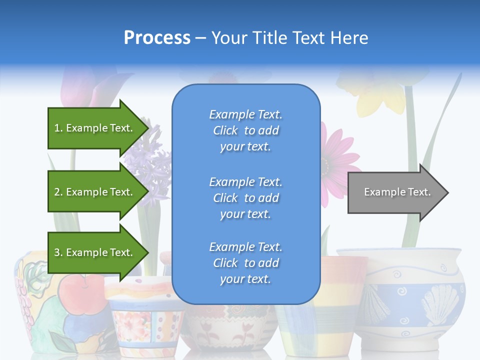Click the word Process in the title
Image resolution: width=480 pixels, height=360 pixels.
coord(157,37)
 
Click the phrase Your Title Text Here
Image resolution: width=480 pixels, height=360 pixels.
coord(289,37)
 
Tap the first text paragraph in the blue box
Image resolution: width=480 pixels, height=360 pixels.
coord(245,130)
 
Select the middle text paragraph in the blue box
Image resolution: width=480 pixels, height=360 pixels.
coord(245,198)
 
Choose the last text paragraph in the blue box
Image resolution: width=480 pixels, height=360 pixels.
coord(245,263)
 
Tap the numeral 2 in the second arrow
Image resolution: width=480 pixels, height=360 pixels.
coord(57,192)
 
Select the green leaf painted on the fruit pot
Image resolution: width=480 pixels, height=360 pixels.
coord(60,342)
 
